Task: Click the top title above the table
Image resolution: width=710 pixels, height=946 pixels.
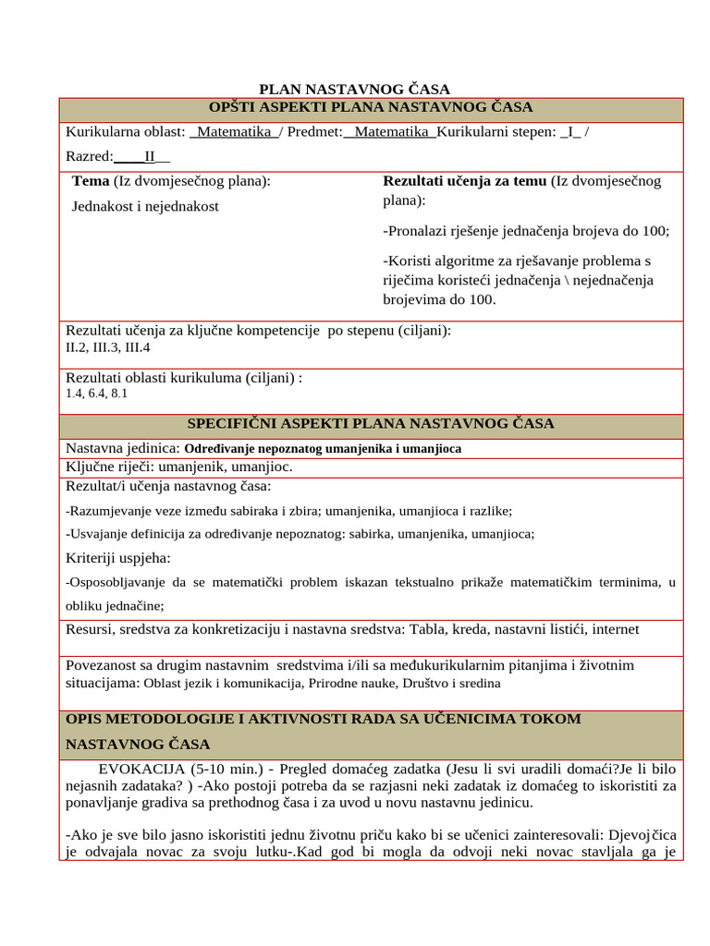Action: pyautogui.click(x=354, y=90)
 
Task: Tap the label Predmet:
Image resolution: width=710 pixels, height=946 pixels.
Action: pyautogui.click(x=314, y=133)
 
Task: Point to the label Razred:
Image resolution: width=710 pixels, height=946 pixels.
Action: pyautogui.click(x=90, y=156)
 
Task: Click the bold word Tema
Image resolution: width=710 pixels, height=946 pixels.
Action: pyautogui.click(x=91, y=181)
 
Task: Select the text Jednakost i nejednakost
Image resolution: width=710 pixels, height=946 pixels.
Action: pyautogui.click(x=145, y=206)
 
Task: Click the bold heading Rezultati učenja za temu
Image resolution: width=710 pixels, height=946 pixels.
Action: pyautogui.click(x=464, y=181)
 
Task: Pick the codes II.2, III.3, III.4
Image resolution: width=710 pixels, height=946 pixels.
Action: pyautogui.click(x=107, y=348)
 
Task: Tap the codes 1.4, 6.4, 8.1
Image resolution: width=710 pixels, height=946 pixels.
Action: pyautogui.click(x=96, y=394)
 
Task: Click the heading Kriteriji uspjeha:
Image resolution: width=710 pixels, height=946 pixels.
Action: pyautogui.click(x=118, y=558)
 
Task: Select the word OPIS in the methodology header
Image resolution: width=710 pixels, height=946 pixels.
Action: pyautogui.click(x=86, y=719)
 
